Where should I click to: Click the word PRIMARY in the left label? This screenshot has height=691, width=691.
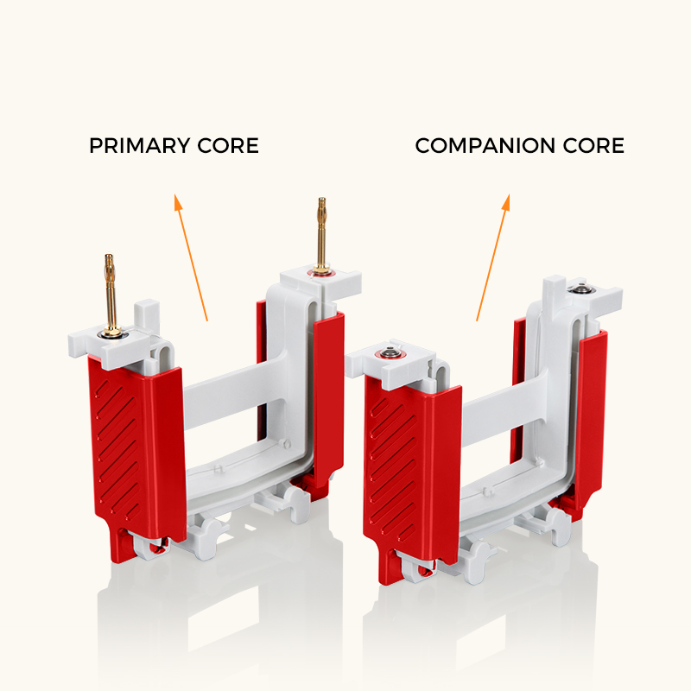[139, 146]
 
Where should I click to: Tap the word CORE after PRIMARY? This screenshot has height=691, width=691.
[228, 146]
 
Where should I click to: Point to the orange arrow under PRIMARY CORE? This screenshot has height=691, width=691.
[191, 257]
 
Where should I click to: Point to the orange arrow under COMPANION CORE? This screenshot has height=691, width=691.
[493, 257]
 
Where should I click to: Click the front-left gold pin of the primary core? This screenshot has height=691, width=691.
[111, 295]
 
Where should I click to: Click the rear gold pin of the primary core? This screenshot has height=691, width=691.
[322, 236]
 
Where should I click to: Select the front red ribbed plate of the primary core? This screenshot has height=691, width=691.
[137, 454]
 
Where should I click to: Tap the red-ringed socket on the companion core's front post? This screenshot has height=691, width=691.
[390, 352]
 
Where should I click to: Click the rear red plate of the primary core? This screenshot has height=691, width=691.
[328, 396]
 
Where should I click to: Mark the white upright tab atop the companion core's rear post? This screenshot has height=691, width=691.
[554, 293]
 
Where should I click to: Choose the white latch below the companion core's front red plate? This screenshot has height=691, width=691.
[416, 567]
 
